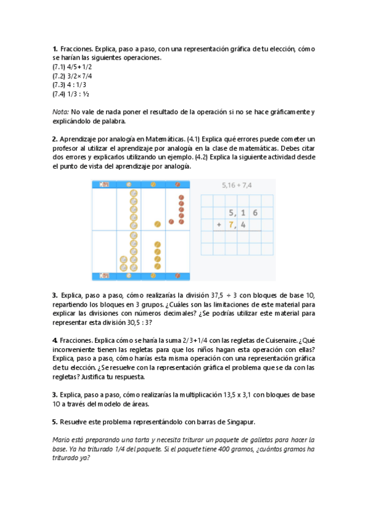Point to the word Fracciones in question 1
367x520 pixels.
pyautogui.click(x=76, y=48)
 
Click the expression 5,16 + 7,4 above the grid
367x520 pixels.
pyautogui.click(x=237, y=185)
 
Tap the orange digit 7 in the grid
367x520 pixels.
pyautogui.click(x=231, y=224)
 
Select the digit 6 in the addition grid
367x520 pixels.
pyautogui.click(x=254, y=213)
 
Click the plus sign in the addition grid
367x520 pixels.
pyautogui.click(x=219, y=224)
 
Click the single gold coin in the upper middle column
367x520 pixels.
pyautogui.click(x=157, y=224)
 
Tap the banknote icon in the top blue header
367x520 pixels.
pyautogui.click(x=104, y=184)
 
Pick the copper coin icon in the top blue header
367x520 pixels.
pyautogui.click(x=178, y=184)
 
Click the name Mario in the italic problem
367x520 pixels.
pyautogui.click(x=61, y=440)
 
